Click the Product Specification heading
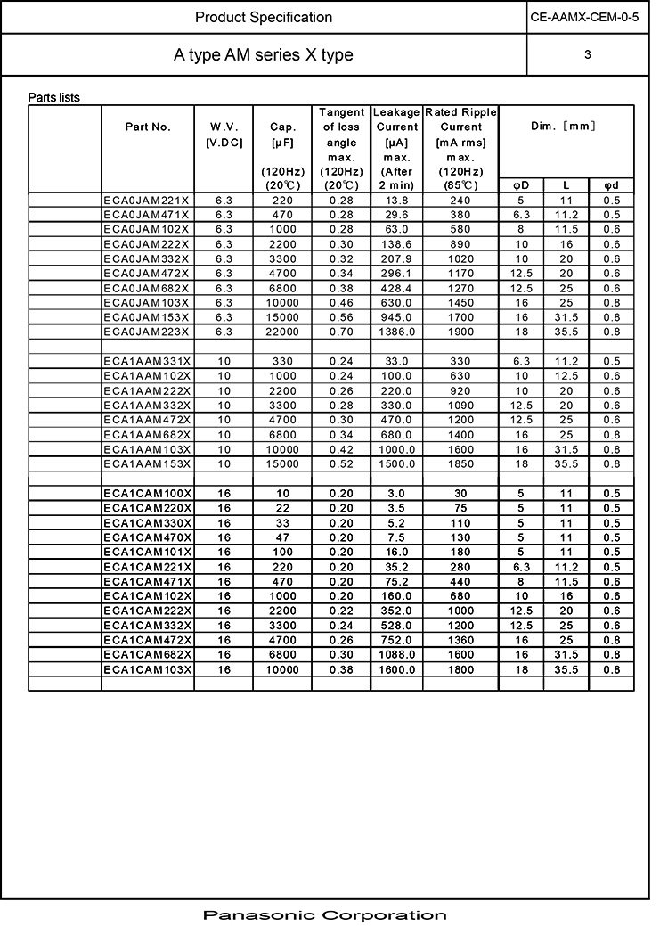(264, 17)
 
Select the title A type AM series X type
(264, 55)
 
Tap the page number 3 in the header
(588, 55)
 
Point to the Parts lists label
(53, 97)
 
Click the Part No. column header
(148, 127)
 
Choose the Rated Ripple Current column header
(460, 148)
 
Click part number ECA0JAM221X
(146, 200)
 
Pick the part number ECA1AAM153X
(146, 463)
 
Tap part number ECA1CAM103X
(147, 668)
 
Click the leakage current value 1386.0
(396, 332)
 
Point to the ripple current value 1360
(460, 639)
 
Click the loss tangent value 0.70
(341, 332)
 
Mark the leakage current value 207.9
(396, 258)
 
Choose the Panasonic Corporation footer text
(324, 914)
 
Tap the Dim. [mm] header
(566, 127)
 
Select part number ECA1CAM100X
(147, 493)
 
